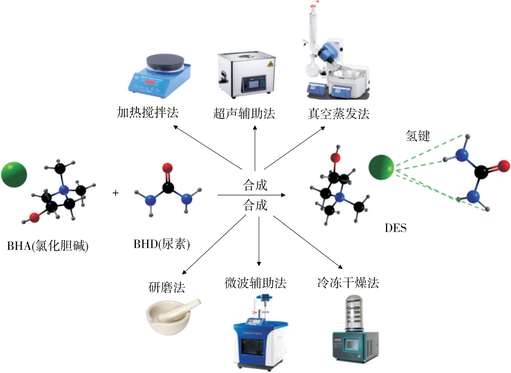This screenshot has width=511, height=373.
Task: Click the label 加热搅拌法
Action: (x=148, y=113)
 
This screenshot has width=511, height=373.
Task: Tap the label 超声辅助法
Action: (x=244, y=114)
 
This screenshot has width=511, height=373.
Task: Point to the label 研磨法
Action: (x=166, y=287)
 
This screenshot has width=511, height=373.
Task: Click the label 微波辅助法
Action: (x=256, y=284)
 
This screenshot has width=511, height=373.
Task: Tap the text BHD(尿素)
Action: (x=162, y=244)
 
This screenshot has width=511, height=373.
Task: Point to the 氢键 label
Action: (x=418, y=136)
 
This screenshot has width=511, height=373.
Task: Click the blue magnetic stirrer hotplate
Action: (x=160, y=77)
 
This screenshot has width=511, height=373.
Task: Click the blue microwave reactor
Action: (x=261, y=337)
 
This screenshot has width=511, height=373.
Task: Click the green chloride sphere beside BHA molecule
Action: (x=14, y=174)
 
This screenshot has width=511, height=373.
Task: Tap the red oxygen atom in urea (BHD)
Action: (x=168, y=167)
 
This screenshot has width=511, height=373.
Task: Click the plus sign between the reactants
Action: (x=115, y=193)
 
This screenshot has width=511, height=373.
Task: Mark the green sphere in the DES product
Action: (x=382, y=167)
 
